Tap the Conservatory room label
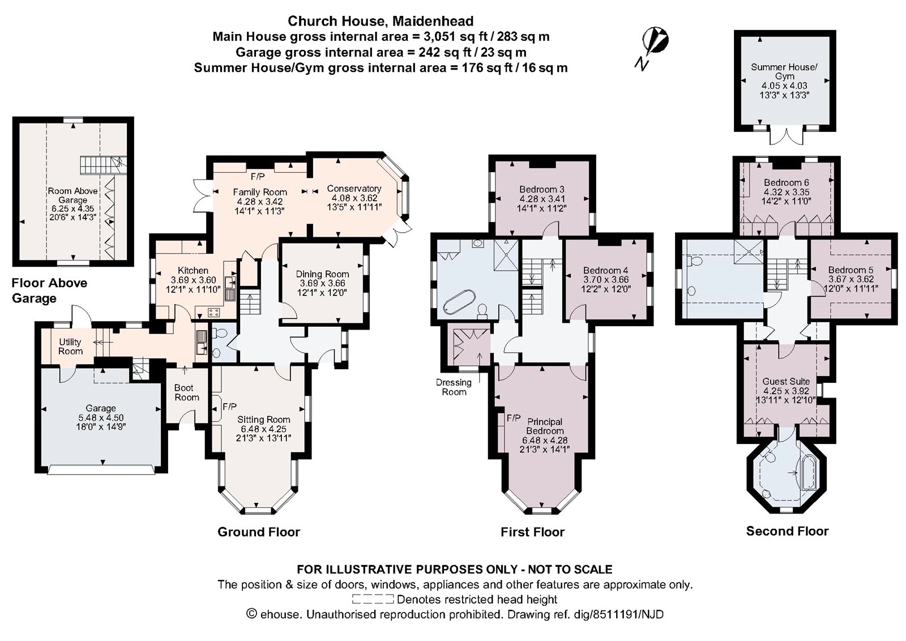pyautogui.click(x=354, y=189)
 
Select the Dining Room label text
pyautogui.click(x=322, y=274)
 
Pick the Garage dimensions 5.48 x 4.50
pyautogui.click(x=101, y=417)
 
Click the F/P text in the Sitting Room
pyautogui.click(x=229, y=407)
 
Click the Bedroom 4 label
pyautogui.click(x=605, y=270)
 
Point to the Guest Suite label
pyautogui.click(x=785, y=381)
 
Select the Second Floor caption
pyautogui.click(x=787, y=531)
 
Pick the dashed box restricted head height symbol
pyautogui.click(x=373, y=599)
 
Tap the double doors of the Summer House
pyautogui.click(x=784, y=138)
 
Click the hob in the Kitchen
pyautogui.click(x=214, y=311)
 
